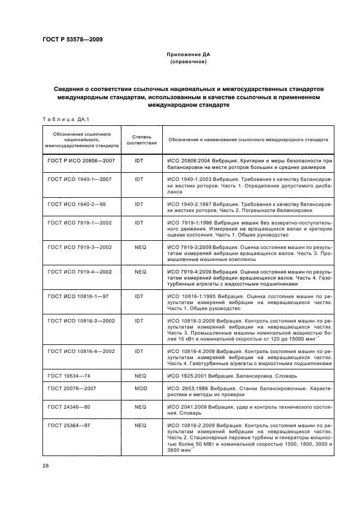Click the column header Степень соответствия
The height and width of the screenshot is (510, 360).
(x=142, y=139)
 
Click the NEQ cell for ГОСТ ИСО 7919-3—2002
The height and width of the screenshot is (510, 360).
(x=139, y=247)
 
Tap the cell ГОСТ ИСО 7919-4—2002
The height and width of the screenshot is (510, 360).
(x=80, y=271)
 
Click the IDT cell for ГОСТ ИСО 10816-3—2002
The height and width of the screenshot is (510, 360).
(x=139, y=321)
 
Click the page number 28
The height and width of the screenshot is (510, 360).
(x=45, y=465)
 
